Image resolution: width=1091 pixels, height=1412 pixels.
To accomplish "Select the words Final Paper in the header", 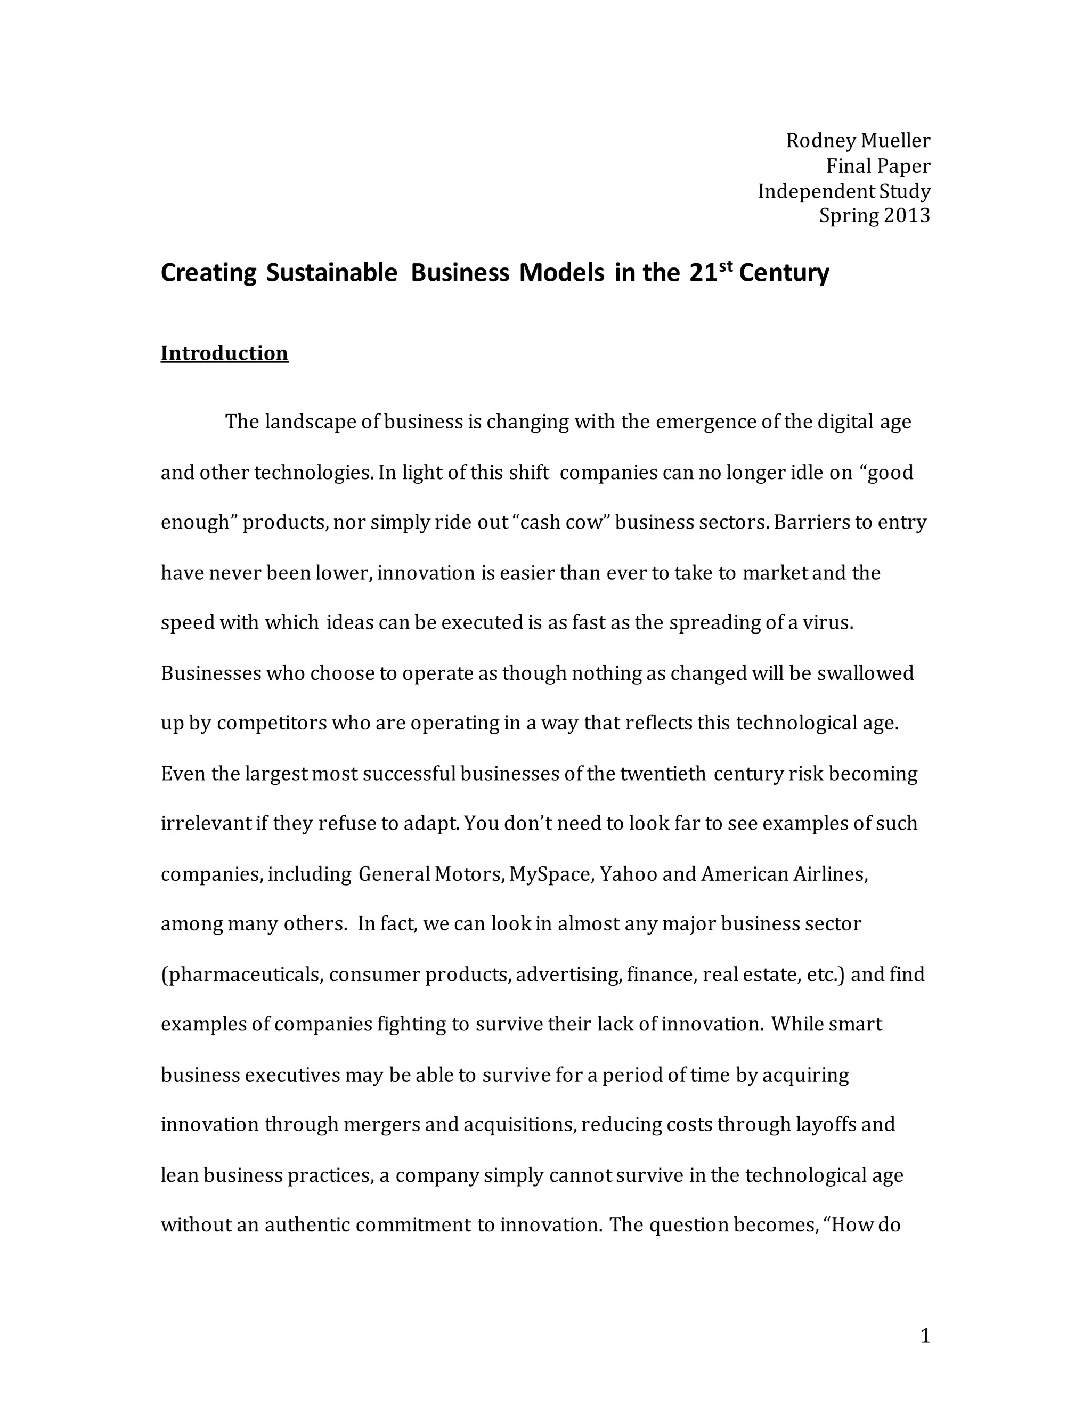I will click(878, 166).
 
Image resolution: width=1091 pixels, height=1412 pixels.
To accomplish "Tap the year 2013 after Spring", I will click(907, 215).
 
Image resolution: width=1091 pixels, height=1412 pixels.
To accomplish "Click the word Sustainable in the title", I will click(331, 273).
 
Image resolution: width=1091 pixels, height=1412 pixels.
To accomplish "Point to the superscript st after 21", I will click(727, 265).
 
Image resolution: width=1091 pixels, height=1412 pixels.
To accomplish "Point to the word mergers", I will click(381, 1125).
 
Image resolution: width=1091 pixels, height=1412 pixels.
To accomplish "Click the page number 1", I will click(925, 1336).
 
